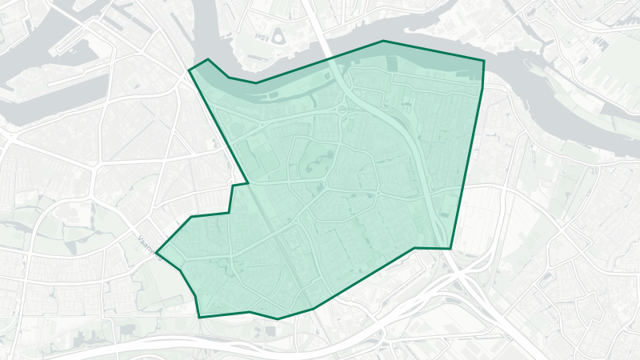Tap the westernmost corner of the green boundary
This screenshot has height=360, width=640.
[156, 253]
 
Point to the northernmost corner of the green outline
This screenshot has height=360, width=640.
[383, 41]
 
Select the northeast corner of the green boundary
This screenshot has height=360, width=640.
[484, 60]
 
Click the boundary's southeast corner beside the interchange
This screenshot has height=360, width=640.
[450, 248]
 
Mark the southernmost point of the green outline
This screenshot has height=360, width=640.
[278, 319]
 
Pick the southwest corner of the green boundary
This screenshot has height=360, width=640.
[199, 317]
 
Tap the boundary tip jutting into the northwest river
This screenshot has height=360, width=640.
[190, 70]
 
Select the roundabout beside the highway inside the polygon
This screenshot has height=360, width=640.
[342, 110]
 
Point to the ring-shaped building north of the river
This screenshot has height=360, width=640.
[278, 35]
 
